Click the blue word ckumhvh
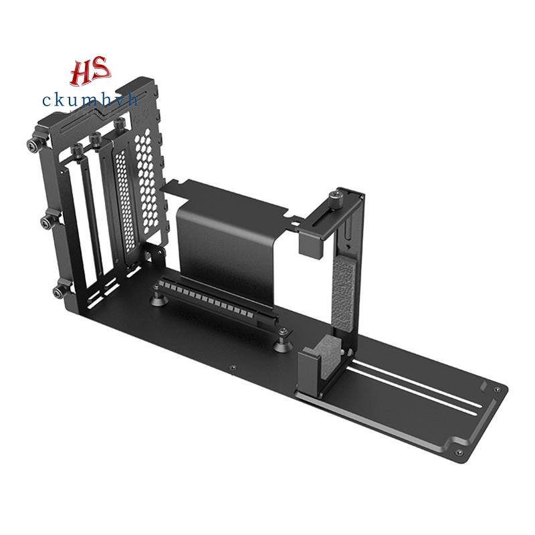point(90,100)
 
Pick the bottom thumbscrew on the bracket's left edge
point(62,290)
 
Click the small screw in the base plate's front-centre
point(232,369)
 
